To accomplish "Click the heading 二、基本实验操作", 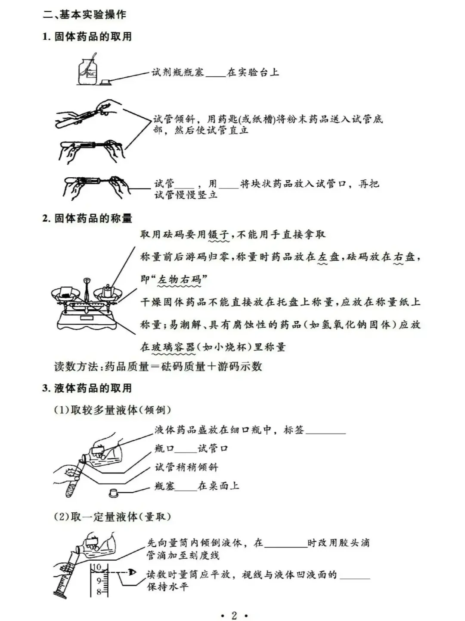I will (x=84, y=15).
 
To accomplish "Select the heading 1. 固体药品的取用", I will (x=87, y=37).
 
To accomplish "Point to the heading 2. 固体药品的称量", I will (x=87, y=218).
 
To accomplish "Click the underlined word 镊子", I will (x=219, y=235).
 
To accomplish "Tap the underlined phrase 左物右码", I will (x=179, y=280).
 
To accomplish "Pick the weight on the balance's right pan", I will (x=108, y=291).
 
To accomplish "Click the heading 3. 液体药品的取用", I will (x=87, y=388).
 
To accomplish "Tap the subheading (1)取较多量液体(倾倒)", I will (x=112, y=410).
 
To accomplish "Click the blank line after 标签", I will (x=325, y=431).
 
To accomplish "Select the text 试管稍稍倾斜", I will (x=186, y=467).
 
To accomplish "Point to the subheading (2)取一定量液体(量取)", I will (x=112, y=517).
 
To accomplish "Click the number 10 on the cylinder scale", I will (x=97, y=567).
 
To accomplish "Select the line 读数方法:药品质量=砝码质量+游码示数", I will (x=158, y=367).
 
